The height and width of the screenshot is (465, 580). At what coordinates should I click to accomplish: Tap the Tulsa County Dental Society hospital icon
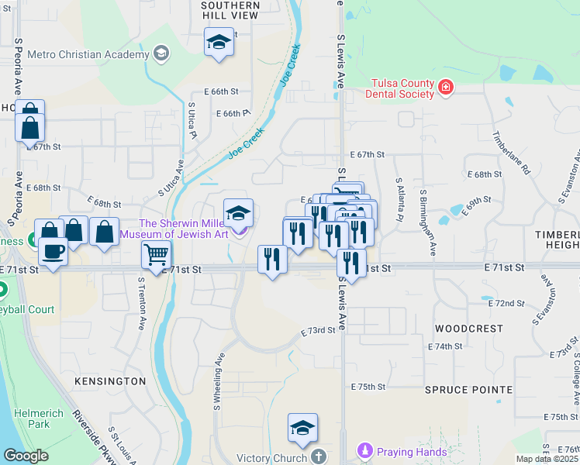point(446,86)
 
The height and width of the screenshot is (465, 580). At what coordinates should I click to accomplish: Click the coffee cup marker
point(53,252)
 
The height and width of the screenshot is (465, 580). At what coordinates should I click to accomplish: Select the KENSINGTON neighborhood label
point(110,381)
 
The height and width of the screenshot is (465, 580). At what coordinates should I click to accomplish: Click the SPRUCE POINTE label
point(468,389)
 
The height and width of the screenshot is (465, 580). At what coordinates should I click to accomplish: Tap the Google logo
point(26,456)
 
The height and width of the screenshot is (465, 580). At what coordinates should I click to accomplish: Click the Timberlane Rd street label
point(510,153)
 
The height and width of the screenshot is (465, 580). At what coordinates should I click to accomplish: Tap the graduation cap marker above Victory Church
point(302,427)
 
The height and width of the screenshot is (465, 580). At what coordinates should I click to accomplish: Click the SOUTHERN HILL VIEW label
point(230,10)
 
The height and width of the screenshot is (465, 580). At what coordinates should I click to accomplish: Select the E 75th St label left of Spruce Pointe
point(368,387)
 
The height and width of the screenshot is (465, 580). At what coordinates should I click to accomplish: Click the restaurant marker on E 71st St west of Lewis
point(271,258)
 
